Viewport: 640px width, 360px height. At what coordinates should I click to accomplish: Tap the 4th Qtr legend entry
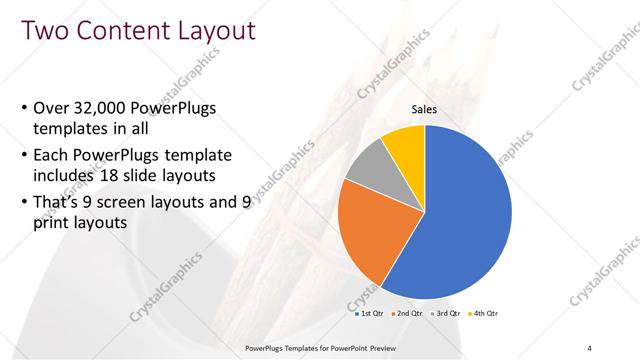coord(484,313)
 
